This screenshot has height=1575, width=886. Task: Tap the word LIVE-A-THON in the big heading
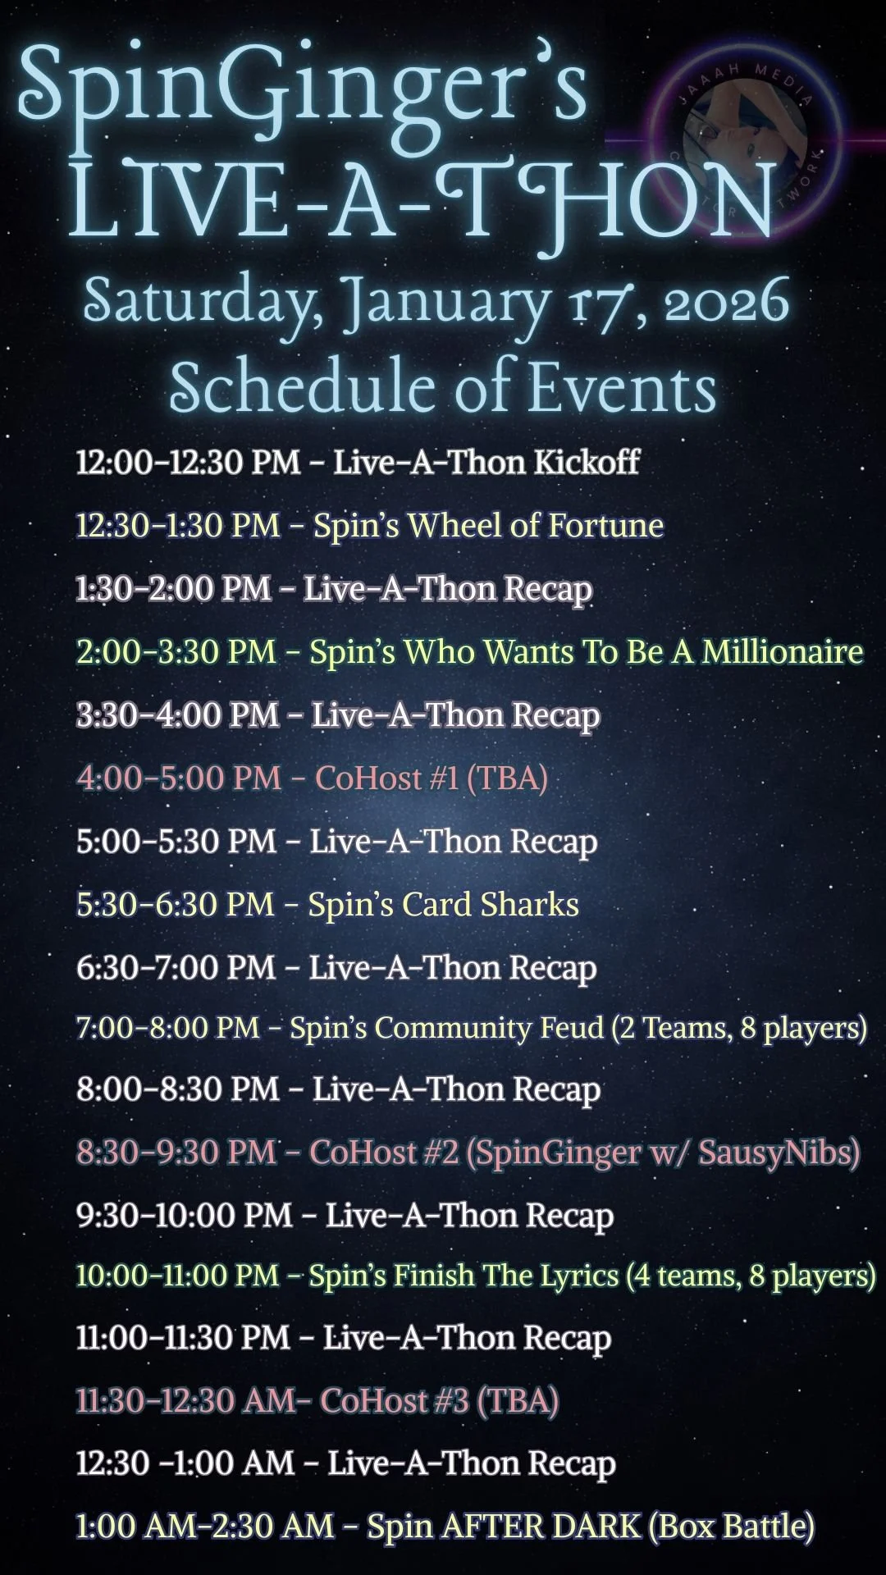tap(422, 201)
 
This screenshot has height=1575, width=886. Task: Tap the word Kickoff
tap(587, 462)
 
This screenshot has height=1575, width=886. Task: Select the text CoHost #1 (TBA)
tap(432, 778)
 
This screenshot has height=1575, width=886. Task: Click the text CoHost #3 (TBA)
tap(440, 1400)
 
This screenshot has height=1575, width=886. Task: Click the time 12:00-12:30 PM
tap(188, 462)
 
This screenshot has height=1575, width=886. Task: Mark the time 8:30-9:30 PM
tap(176, 1153)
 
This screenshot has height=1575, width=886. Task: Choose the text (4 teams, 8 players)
tap(751, 1276)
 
